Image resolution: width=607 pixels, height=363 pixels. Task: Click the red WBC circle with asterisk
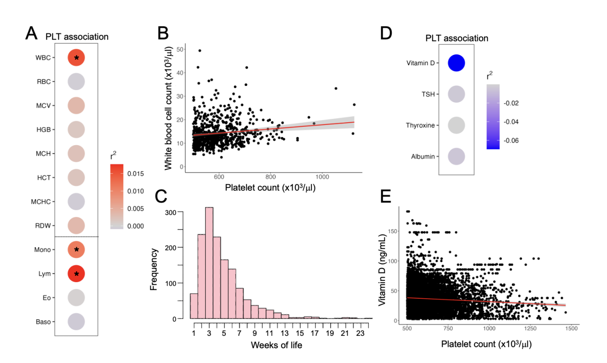click(76, 57)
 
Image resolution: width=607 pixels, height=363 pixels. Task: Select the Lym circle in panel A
click(76, 274)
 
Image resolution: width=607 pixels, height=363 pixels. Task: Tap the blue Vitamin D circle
click(456, 63)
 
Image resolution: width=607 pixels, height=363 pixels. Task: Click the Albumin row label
click(423, 157)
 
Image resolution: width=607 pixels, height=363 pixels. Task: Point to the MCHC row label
click(40, 202)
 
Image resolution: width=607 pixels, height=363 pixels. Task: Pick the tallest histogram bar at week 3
click(209, 263)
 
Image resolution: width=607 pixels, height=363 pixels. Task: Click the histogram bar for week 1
click(194, 306)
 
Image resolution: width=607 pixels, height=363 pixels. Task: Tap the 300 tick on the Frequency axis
click(171, 213)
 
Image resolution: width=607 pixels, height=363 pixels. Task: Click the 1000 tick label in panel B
click(322, 177)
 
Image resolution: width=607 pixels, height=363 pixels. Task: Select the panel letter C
click(161, 196)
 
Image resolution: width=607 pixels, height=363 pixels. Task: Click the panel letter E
click(386, 196)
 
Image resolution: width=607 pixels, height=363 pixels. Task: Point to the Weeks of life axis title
click(276, 345)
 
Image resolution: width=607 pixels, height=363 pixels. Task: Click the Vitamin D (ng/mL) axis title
click(382, 270)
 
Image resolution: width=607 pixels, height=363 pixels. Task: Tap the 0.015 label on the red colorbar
click(136, 174)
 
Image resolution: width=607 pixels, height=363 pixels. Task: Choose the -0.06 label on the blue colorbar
click(511, 141)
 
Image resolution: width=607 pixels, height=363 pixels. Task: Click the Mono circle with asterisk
click(76, 250)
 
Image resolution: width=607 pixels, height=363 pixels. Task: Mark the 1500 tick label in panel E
click(571, 329)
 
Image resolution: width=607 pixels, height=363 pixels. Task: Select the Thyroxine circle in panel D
click(456, 125)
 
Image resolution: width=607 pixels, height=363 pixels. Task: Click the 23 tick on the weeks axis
click(360, 333)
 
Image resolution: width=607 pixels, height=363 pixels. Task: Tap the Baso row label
click(43, 322)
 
